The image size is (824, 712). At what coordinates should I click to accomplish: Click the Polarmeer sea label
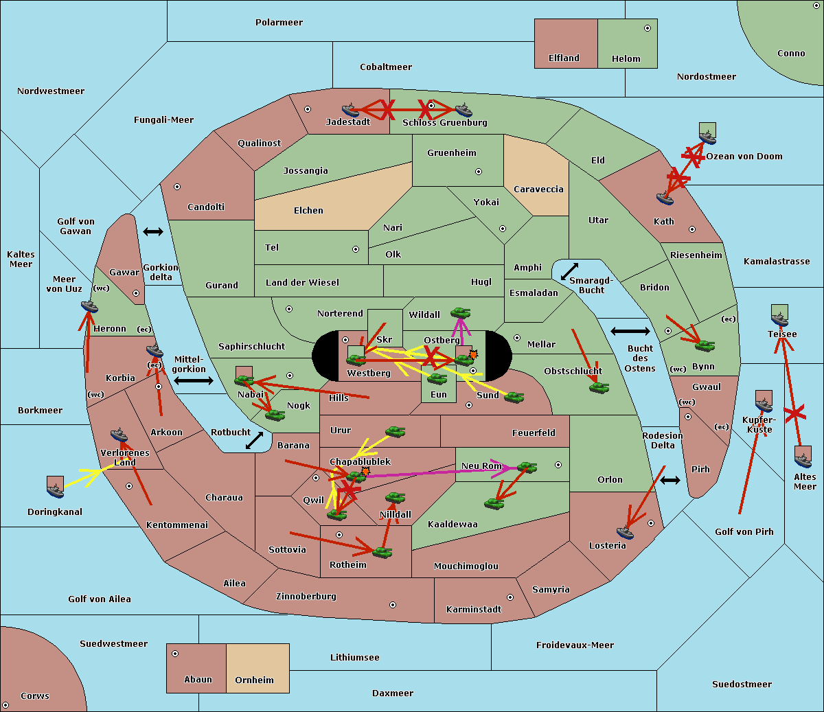[x=279, y=23]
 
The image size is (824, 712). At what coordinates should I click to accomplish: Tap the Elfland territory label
[x=564, y=58]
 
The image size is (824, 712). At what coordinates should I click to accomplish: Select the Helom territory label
[x=626, y=59]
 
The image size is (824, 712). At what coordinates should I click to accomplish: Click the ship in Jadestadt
[x=350, y=110]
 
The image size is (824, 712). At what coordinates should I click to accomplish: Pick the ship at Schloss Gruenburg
[x=464, y=110]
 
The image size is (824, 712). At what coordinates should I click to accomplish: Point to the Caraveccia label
[x=538, y=190]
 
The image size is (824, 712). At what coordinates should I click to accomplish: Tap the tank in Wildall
[x=460, y=313]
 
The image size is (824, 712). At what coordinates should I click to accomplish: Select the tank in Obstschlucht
[x=599, y=387]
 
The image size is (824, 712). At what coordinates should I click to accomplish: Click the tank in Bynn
[x=705, y=345]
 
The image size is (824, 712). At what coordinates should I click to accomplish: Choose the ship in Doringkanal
[x=56, y=489]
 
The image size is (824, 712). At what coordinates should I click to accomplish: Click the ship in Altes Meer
[x=803, y=458]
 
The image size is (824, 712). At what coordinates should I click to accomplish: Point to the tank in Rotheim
[x=382, y=551]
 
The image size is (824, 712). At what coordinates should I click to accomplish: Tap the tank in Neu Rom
[x=527, y=468]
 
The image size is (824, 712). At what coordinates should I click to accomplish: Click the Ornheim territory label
[x=254, y=680]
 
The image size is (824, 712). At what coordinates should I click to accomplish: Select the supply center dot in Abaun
[x=175, y=654]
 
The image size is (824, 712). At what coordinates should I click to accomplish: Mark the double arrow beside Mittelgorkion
[x=194, y=380]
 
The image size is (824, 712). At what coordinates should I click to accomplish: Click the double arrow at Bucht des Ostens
[x=630, y=332]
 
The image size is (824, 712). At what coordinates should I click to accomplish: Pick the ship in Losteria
[x=625, y=531]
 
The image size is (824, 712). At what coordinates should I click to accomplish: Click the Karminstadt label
[x=474, y=610]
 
